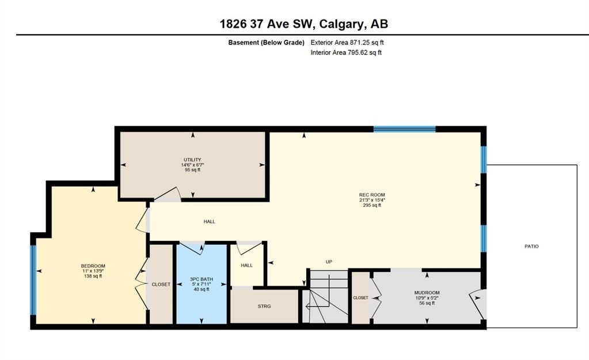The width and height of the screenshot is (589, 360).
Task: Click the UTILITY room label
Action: pos(192,160)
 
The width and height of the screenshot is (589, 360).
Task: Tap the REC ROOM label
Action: pos(372,195)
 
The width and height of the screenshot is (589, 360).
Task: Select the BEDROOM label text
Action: pos(93,266)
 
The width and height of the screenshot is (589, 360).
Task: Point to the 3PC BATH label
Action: pos(202,279)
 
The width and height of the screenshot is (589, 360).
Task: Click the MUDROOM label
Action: pos(427,293)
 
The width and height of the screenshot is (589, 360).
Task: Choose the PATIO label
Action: pos(531,247)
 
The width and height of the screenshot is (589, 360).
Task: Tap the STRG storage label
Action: pos(264,306)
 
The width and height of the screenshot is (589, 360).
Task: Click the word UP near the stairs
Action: pos(329,262)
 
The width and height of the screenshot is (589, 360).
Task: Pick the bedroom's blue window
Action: pos(33,280)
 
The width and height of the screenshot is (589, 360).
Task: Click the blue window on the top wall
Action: pos(405,129)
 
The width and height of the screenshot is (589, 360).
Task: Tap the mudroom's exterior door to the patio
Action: pos(477,304)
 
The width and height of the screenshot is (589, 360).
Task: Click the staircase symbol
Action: pos(325,296)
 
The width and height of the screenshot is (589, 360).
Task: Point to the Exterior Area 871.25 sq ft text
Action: pos(347,43)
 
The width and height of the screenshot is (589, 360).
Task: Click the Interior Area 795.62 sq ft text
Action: pos(346,52)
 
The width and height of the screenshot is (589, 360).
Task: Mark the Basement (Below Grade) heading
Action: pos(267,43)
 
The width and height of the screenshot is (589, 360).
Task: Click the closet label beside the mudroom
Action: pos(360,298)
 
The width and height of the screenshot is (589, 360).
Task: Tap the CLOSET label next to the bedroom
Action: pos(161,285)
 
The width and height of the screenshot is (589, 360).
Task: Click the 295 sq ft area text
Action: pos(372,205)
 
